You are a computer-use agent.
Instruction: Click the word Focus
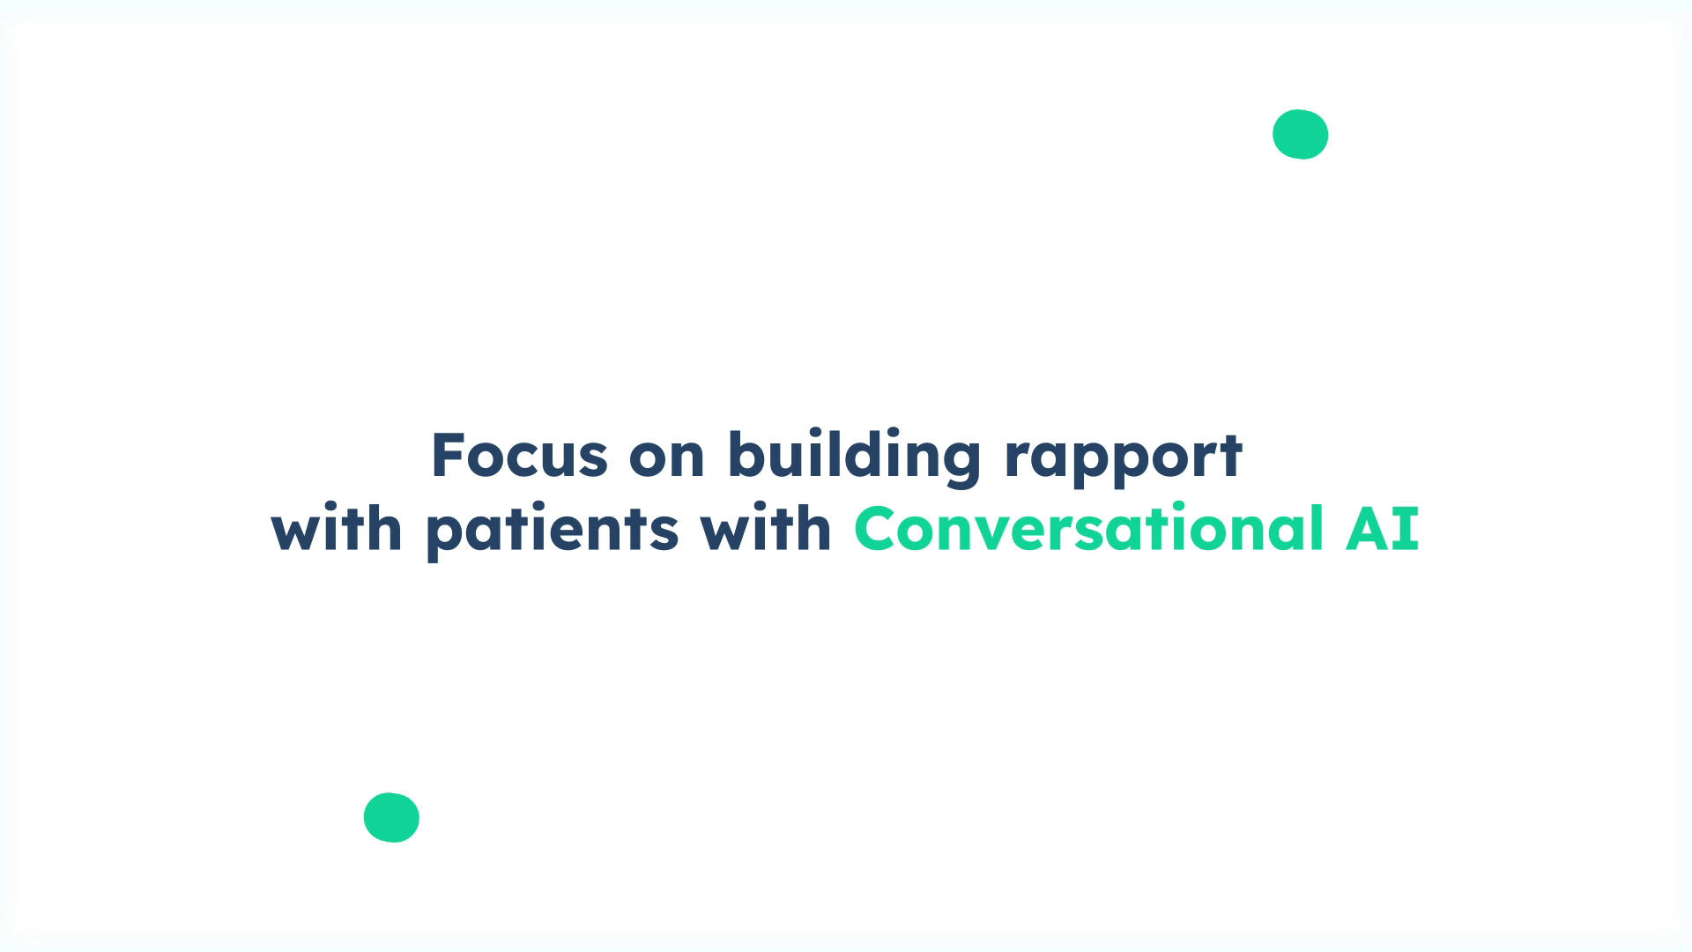(x=519, y=456)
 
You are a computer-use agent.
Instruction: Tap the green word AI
(x=1382, y=529)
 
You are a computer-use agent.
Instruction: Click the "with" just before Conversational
(x=766, y=529)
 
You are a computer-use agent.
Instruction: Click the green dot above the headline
(x=1300, y=134)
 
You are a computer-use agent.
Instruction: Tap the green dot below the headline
(x=391, y=817)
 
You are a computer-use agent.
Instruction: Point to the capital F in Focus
(x=447, y=456)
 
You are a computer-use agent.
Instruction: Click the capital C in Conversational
(x=878, y=529)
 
